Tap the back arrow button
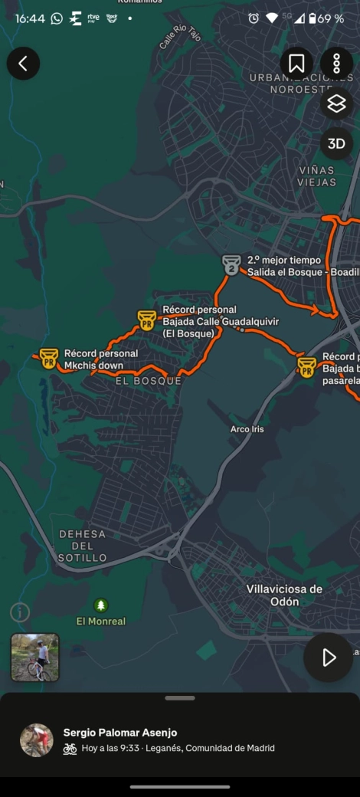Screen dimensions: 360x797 click(x=23, y=64)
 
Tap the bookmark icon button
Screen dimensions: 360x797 click(x=296, y=64)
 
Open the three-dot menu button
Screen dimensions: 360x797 click(x=336, y=64)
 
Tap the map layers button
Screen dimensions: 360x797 click(x=336, y=104)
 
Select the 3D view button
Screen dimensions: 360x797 click(x=336, y=143)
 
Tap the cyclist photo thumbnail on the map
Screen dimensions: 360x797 click(x=34, y=657)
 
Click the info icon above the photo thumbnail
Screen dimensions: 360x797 click(x=20, y=612)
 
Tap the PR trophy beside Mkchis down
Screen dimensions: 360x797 click(x=48, y=358)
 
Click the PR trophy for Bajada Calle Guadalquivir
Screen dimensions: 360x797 click(x=146, y=320)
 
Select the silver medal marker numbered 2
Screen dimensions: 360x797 click(x=231, y=264)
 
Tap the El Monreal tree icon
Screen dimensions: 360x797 click(x=101, y=605)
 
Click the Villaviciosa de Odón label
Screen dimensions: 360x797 click(x=284, y=595)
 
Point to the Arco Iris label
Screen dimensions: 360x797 click(x=247, y=429)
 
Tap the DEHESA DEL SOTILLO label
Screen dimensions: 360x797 click(x=83, y=546)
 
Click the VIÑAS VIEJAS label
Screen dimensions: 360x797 click(x=317, y=175)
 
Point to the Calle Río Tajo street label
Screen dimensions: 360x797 click(x=174, y=37)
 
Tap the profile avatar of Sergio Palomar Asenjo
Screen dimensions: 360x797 click(x=37, y=740)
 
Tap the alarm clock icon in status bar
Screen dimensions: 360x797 click(x=254, y=18)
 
